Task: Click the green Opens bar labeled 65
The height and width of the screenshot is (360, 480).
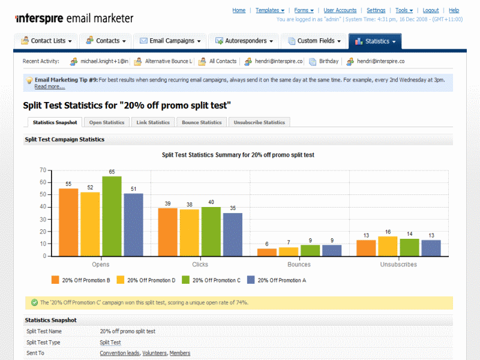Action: pos(112,216)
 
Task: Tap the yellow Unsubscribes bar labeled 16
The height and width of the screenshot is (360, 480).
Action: pos(388,246)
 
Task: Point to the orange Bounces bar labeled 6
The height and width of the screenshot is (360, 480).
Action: pos(267,252)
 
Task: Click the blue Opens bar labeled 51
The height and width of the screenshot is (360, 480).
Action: pos(133,224)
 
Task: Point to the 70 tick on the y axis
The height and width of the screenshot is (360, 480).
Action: pos(43,170)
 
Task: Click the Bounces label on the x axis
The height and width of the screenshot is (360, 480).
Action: pos(299,265)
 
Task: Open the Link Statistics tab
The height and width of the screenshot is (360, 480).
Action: pos(153,122)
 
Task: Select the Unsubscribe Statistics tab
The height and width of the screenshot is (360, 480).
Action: pos(259,122)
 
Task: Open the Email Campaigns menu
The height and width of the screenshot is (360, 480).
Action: pos(170,41)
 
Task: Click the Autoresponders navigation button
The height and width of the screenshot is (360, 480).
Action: pos(244,41)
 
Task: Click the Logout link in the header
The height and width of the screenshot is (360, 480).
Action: pos(431,10)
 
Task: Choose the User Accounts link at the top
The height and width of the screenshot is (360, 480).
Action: pos(340,10)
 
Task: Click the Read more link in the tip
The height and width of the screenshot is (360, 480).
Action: pos(49,86)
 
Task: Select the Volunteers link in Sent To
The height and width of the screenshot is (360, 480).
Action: pos(155,353)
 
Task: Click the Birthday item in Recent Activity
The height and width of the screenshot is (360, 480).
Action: pos(329,61)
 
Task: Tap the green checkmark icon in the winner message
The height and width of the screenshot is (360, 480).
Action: pos(34,302)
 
